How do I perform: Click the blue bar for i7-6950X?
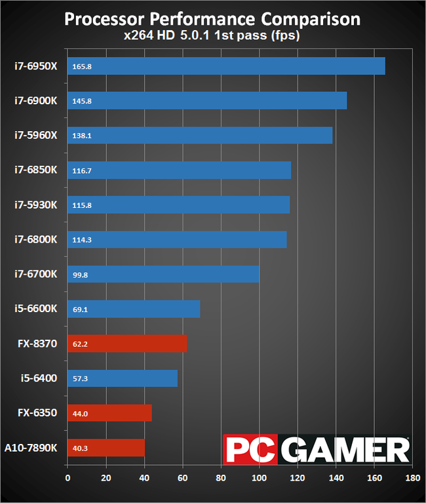coord(226,66)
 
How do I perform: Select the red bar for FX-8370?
coord(127,344)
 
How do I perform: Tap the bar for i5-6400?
coord(123,378)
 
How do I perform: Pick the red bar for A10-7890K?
coord(106,448)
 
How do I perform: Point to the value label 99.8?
coord(79,275)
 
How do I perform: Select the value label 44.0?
coord(79,413)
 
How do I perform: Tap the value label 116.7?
coord(81,171)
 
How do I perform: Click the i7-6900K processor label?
coord(37,100)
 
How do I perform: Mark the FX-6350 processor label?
coord(38,413)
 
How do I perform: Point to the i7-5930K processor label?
coord(37,205)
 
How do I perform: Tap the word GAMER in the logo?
coord(347,450)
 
